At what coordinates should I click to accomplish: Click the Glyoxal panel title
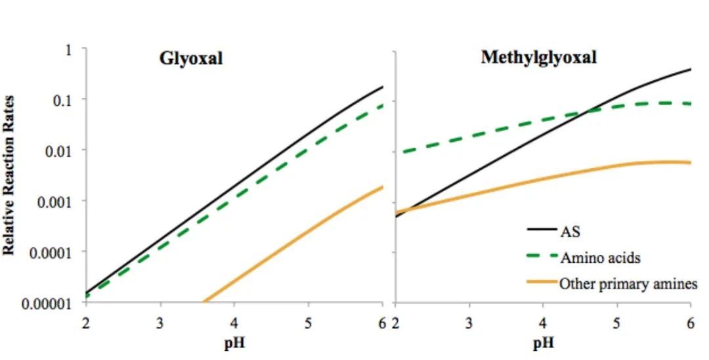191,58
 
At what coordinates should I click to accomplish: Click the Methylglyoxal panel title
538,57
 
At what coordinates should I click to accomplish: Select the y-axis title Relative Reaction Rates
9,175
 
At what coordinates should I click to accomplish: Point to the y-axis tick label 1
68,49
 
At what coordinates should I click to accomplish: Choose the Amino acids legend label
600,258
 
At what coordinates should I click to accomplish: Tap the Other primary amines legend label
628,284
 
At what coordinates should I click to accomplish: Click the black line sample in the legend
542,231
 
